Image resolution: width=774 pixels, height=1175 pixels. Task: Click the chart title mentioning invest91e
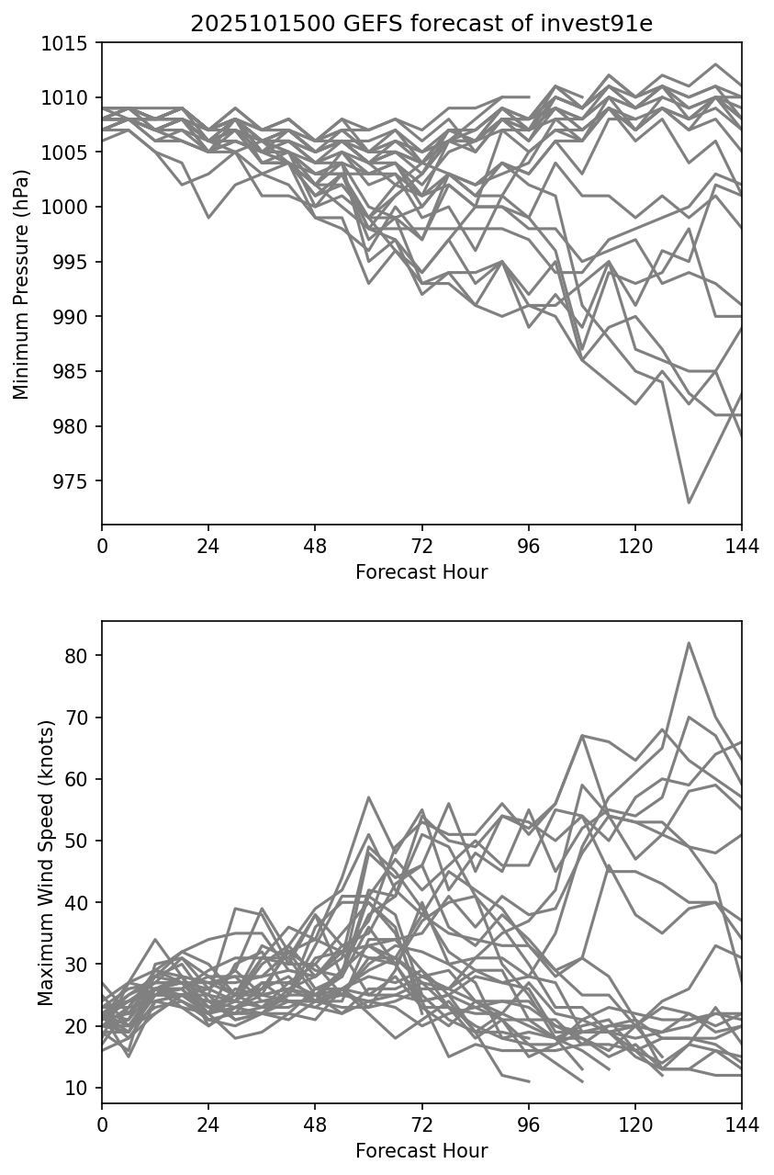[421, 24]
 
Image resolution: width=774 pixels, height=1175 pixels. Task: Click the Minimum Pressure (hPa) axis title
[22, 284]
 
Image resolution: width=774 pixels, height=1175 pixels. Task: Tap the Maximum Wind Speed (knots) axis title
[46, 863]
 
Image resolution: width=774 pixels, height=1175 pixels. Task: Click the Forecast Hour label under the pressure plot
[421, 572]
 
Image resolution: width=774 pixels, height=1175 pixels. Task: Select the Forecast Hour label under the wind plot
[421, 1151]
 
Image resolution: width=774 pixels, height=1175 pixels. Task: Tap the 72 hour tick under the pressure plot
[421, 546]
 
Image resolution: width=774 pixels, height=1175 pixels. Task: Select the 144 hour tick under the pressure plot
[742, 546]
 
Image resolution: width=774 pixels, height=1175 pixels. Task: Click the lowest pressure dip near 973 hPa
[689, 503]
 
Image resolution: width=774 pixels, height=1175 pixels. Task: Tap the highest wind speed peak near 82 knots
[689, 643]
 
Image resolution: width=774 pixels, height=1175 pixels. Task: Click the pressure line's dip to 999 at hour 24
[208, 218]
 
